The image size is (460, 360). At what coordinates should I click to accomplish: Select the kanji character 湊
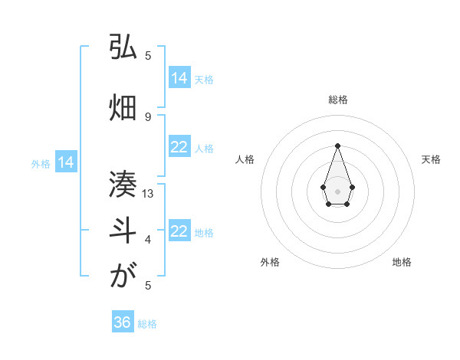[x=122, y=185]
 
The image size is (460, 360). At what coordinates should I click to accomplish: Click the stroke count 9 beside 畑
[x=148, y=117]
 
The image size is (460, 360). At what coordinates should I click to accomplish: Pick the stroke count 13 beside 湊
[x=149, y=194]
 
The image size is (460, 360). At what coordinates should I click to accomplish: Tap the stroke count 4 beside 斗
[x=148, y=240]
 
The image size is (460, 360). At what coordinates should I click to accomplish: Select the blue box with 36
[x=123, y=322]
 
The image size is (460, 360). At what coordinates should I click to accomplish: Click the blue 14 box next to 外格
[x=66, y=162]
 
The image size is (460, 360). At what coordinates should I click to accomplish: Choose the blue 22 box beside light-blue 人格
[x=179, y=147]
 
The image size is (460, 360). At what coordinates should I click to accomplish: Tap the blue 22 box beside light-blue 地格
[x=179, y=231]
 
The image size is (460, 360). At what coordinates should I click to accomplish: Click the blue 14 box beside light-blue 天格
[x=179, y=78]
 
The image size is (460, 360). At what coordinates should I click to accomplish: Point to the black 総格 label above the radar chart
[x=338, y=100]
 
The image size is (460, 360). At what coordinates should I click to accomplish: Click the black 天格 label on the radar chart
[x=431, y=159]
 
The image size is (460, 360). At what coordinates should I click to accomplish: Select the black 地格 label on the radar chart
[x=402, y=263]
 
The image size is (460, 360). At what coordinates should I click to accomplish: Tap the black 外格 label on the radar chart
[x=270, y=263]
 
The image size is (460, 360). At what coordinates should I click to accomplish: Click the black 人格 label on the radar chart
[x=245, y=159]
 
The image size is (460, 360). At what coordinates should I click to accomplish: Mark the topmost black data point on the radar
[x=337, y=146]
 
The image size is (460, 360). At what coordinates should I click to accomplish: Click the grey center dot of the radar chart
[x=337, y=191]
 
